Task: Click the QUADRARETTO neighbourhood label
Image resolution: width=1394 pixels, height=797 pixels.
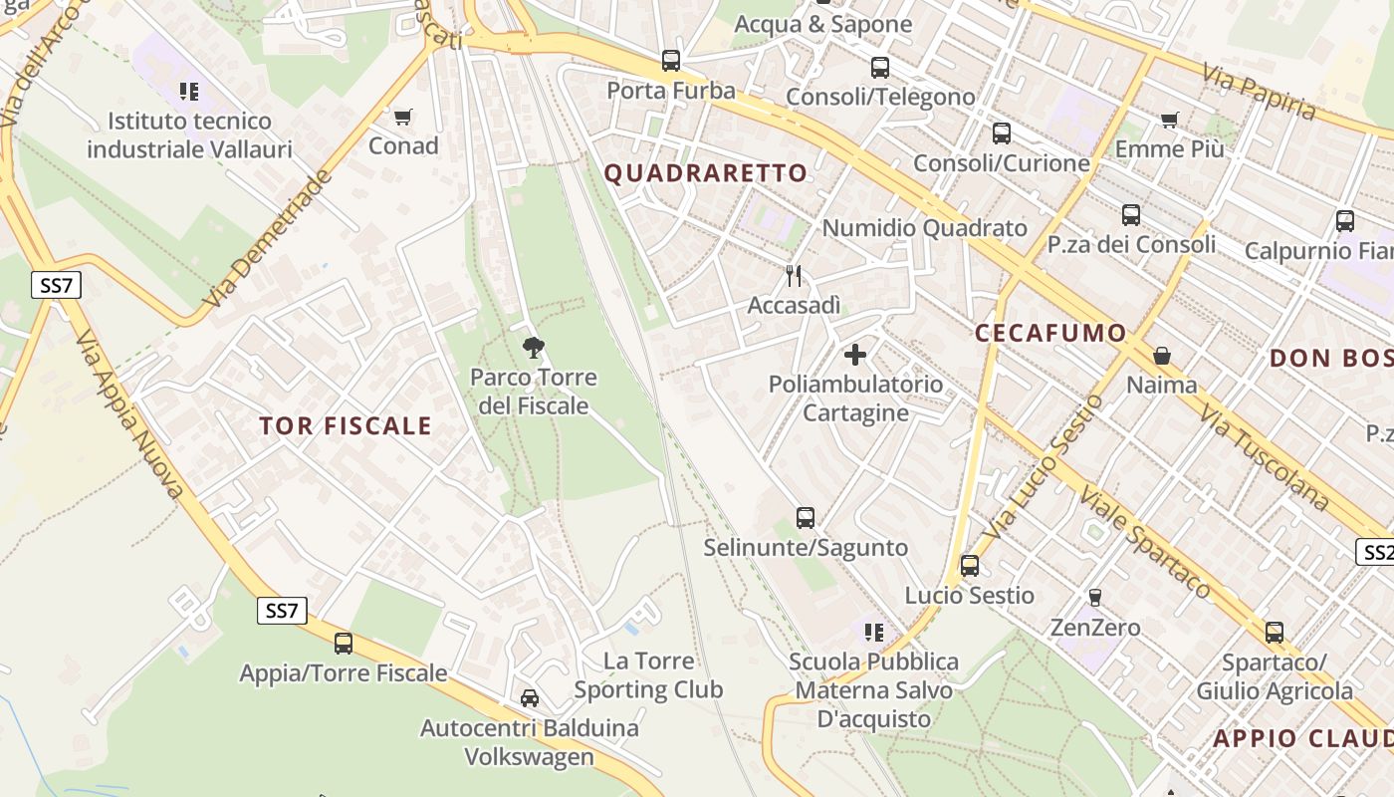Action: click(706, 173)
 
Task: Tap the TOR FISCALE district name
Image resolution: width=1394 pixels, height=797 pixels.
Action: click(346, 426)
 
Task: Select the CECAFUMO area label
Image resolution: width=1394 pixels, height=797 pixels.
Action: click(1050, 334)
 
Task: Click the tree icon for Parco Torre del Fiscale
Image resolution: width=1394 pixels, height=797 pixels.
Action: click(534, 348)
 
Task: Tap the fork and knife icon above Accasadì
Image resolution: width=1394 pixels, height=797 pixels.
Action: click(794, 276)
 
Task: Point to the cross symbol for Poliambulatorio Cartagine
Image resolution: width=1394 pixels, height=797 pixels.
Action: click(855, 355)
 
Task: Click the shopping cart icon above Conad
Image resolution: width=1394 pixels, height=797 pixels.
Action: click(403, 118)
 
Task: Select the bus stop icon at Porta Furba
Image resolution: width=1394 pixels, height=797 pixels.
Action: click(671, 61)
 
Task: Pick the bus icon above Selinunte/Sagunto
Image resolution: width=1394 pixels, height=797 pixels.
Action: click(806, 518)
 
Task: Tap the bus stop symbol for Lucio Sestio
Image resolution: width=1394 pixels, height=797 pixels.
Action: click(970, 566)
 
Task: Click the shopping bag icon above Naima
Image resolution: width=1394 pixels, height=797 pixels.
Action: click(1161, 356)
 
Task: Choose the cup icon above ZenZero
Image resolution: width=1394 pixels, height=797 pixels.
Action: click(1095, 598)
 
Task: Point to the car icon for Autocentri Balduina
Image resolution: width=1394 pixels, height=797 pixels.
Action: click(530, 698)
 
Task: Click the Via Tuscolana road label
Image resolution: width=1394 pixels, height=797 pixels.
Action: click(1264, 458)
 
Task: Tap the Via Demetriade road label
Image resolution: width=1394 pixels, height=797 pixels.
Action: click(266, 239)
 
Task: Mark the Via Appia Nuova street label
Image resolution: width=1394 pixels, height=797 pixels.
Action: click(129, 413)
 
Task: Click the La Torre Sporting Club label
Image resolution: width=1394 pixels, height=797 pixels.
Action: click(648, 675)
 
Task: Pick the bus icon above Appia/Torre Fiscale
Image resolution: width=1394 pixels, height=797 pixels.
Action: click(344, 644)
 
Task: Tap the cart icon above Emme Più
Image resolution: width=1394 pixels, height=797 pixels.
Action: click(1170, 121)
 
